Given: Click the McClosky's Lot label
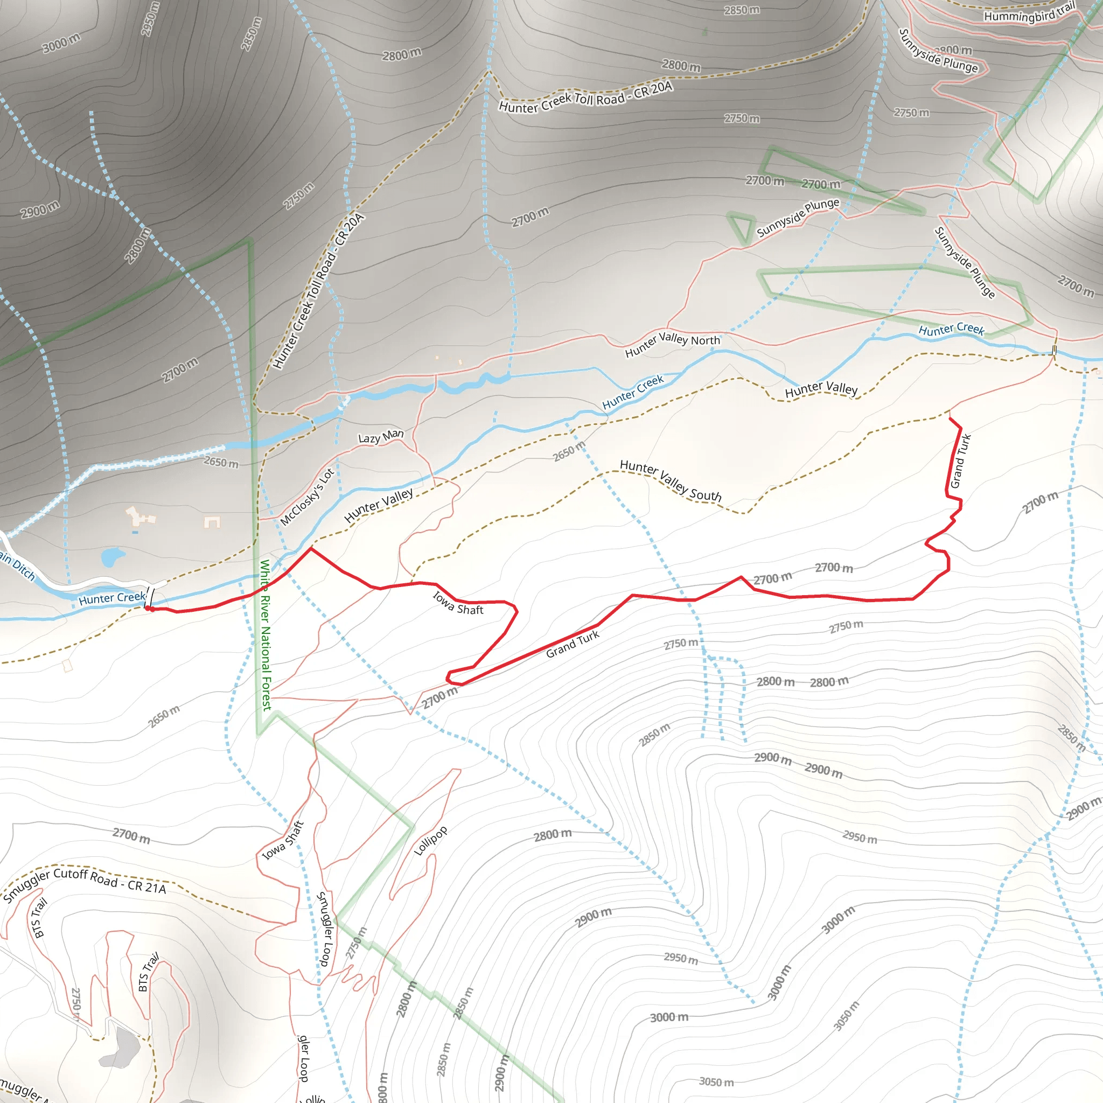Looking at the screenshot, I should pos(306,497).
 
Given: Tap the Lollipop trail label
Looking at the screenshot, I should pos(430,840).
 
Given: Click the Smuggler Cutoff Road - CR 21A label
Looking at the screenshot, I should pos(85,884).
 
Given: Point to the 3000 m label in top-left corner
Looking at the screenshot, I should pos(61,43).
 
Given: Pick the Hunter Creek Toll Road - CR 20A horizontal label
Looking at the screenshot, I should pos(585,97).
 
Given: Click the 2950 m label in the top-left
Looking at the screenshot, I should pos(150,19).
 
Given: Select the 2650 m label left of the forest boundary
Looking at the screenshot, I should pos(221,462).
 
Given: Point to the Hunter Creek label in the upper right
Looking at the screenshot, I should pos(951,329).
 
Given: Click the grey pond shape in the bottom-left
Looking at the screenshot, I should pos(122,1048).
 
